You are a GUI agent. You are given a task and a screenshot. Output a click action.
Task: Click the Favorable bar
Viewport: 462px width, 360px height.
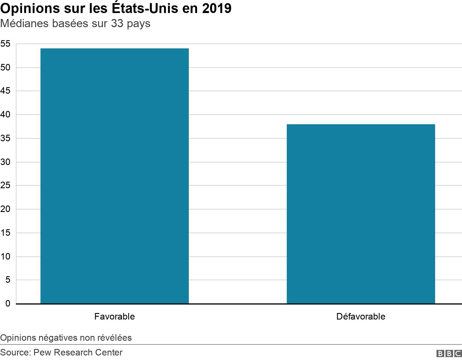[x=114, y=176]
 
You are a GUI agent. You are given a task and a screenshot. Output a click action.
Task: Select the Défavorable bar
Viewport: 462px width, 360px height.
[x=361, y=214]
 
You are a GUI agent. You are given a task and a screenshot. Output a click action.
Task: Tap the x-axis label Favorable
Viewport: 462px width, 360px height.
[x=114, y=316]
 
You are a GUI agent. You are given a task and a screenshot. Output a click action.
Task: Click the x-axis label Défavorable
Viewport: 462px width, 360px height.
[x=361, y=316]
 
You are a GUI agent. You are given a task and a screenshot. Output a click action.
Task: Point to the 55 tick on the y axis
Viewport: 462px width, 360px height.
[x=5, y=44]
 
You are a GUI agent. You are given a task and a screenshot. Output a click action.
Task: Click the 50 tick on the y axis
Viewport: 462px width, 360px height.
[x=5, y=67]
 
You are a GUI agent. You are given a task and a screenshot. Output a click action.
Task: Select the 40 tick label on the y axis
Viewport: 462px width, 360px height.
[x=5, y=115]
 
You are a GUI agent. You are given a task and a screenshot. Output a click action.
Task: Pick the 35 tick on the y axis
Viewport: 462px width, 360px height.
[x=5, y=138]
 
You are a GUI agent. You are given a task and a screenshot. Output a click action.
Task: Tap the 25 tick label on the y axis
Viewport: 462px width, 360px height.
[x=5, y=185]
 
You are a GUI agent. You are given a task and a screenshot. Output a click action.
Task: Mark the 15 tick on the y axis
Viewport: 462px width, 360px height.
[x=5, y=233]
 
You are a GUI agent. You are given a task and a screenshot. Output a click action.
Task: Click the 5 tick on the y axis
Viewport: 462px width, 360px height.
[x=7, y=280]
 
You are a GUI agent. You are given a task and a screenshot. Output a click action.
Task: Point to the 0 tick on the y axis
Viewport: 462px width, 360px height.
[x=7, y=303]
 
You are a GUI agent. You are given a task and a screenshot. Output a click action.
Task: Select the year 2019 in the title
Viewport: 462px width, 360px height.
[x=217, y=8]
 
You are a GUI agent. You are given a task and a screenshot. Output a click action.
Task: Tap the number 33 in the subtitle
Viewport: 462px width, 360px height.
[x=117, y=23]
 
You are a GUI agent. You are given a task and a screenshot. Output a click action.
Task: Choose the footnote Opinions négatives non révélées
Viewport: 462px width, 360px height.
[x=66, y=338]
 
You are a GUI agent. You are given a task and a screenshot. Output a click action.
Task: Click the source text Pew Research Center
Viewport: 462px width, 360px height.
[x=78, y=352]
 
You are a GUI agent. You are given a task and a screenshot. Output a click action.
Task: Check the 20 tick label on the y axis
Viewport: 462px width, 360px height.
[x=5, y=209]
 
